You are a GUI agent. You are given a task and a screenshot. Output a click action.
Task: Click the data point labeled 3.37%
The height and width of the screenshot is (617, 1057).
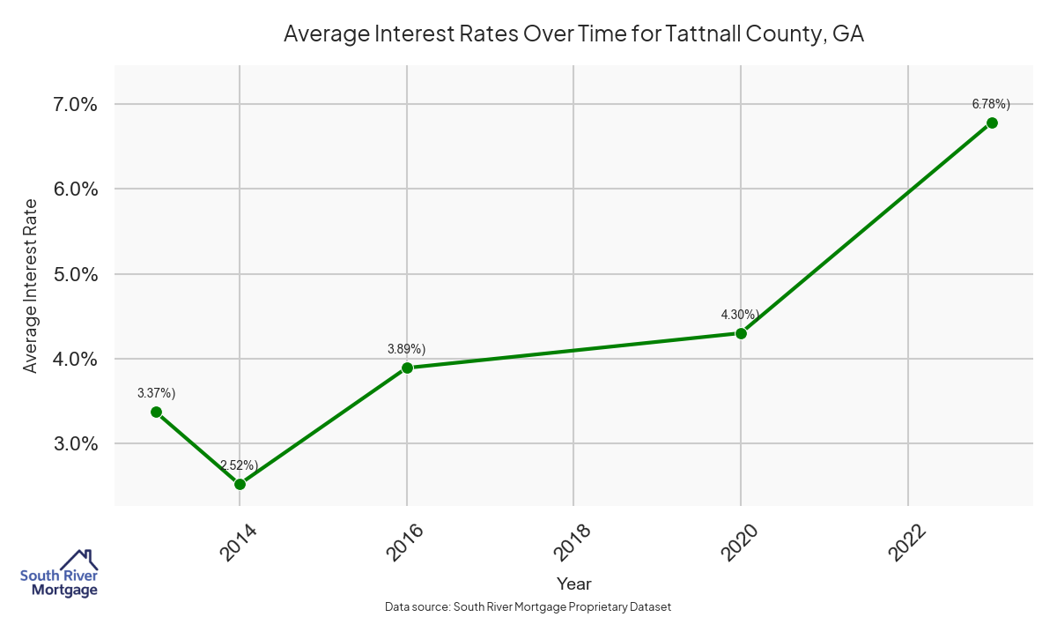156,412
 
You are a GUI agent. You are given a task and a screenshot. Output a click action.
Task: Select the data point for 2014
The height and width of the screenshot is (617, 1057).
240,484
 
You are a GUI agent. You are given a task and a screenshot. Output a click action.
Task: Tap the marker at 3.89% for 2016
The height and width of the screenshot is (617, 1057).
407,368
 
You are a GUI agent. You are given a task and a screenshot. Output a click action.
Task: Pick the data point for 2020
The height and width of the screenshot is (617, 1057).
741,333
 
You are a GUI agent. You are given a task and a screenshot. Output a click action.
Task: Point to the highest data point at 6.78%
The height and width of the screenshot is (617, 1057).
992,123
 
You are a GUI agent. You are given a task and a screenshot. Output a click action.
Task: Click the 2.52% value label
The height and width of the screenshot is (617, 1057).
239,465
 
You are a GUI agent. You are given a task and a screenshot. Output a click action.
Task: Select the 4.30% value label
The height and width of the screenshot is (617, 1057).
740,315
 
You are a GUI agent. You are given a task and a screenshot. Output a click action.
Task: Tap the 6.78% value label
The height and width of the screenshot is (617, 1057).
991,104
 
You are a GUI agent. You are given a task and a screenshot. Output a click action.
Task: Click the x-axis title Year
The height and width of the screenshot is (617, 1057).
573,584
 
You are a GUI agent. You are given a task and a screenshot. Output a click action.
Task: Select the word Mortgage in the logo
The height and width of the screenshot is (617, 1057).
64,591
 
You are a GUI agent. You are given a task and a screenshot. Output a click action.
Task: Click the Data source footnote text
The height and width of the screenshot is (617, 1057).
528,607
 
